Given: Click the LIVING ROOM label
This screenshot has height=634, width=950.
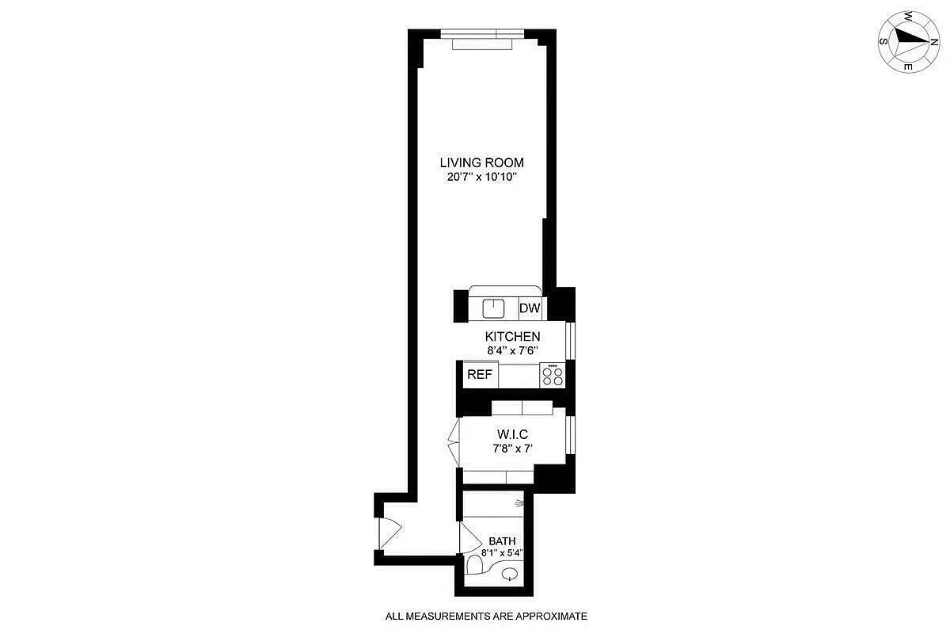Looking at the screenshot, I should tap(481, 163).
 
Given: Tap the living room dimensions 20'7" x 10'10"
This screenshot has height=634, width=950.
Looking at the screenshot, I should tap(481, 178).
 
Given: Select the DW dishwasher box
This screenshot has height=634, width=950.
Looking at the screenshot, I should tap(530, 307).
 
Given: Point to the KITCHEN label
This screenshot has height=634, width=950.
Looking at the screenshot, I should tap(513, 337).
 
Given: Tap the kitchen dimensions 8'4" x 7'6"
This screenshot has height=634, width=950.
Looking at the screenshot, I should tap(513, 350).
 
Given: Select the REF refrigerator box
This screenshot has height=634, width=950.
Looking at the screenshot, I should tap(479, 375).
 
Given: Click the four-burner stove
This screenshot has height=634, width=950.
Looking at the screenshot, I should tap(553, 375).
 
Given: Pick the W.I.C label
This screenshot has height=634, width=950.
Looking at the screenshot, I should tap(512, 434).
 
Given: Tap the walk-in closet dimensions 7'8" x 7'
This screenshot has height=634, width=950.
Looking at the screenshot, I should tap(512, 449).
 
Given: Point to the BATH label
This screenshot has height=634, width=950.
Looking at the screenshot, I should tap(502, 541).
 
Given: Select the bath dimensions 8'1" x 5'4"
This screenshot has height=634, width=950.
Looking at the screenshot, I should tap(502, 554).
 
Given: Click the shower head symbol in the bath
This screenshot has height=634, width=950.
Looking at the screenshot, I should tap(519, 502).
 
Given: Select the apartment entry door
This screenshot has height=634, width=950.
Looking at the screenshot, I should tap(388, 531).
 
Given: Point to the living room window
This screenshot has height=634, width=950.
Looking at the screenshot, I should tap(482, 35).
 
